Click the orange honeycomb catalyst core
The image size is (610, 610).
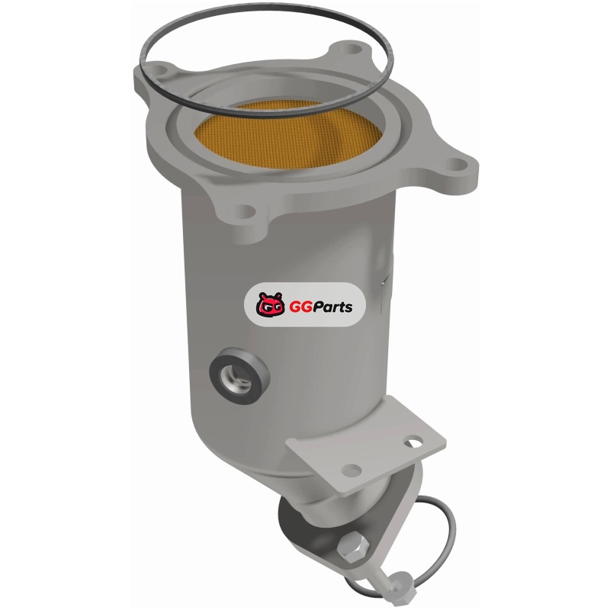tap(288, 134)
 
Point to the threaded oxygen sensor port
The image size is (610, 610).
tap(236, 377)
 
